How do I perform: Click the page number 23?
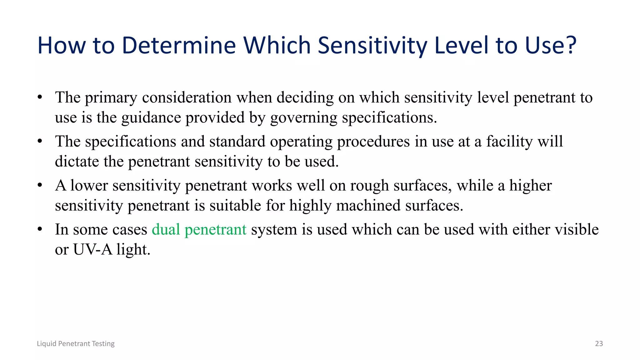(x=599, y=343)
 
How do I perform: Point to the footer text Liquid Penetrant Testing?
(x=76, y=343)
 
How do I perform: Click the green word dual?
(x=166, y=229)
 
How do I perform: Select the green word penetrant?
(x=215, y=229)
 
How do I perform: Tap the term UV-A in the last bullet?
(x=92, y=249)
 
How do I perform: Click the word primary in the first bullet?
(x=111, y=97)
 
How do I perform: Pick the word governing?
(x=303, y=118)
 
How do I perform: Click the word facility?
(x=509, y=142)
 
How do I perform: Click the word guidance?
(x=151, y=118)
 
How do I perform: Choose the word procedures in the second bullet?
(x=373, y=142)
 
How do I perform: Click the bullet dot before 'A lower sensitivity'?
(x=40, y=186)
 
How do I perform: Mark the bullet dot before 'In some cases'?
(x=40, y=230)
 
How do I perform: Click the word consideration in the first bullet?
(x=187, y=97)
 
